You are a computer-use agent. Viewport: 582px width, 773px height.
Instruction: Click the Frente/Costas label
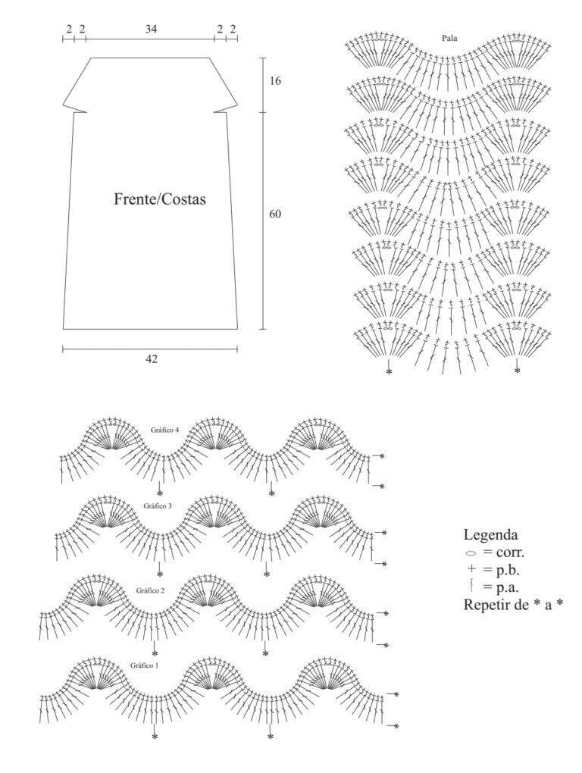tap(160, 199)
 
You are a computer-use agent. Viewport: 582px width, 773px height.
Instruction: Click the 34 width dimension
tap(151, 29)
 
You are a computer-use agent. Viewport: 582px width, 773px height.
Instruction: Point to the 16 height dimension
tap(276, 81)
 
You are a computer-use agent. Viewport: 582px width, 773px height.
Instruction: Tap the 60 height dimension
tap(276, 214)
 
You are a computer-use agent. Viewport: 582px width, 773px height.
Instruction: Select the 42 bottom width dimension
tap(152, 359)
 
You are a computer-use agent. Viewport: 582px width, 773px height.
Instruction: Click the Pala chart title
tap(449, 37)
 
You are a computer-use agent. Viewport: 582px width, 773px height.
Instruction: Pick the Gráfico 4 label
tap(164, 430)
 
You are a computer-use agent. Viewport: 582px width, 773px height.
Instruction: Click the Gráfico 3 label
tap(157, 505)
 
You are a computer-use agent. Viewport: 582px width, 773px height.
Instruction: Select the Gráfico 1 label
tap(145, 665)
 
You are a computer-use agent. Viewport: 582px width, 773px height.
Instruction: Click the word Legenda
tap(490, 535)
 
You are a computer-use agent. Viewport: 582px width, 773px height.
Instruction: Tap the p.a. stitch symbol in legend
tap(471, 586)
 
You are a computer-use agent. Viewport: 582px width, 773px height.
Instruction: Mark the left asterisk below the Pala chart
tap(389, 371)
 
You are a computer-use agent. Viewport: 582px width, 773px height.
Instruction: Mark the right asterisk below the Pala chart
tap(517, 371)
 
